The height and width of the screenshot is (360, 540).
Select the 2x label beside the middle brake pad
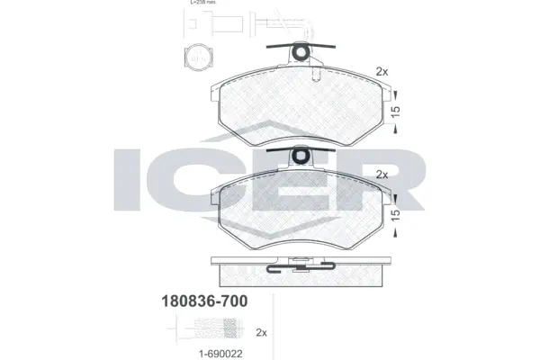pos(381,174)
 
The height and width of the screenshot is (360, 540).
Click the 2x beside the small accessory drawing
pos(262,332)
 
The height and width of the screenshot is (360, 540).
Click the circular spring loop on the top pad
pos(304,53)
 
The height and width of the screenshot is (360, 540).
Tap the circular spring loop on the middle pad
pos(304,156)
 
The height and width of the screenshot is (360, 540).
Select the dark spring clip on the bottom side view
pos(301,265)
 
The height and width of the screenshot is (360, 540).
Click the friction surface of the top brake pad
pos(302,103)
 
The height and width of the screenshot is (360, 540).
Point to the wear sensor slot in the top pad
pos(315,77)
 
